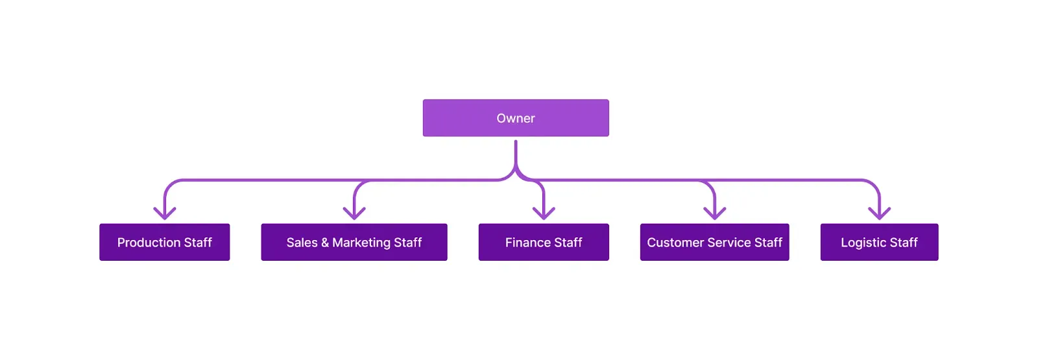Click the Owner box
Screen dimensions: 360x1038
(x=516, y=118)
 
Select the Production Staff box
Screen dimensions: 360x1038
(x=164, y=242)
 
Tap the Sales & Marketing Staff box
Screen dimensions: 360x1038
(x=354, y=242)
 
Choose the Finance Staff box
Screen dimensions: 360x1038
(x=544, y=242)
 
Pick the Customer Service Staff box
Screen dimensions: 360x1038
(x=714, y=242)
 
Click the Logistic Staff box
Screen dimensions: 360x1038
(x=879, y=242)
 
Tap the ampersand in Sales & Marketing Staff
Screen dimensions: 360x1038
(x=325, y=243)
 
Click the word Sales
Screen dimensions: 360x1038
(x=302, y=243)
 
